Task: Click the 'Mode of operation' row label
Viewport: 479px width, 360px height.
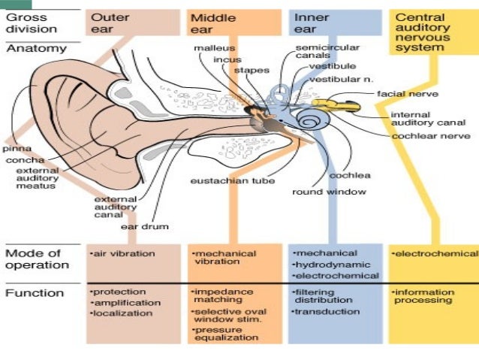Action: pos(37,259)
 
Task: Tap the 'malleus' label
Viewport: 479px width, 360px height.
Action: pos(209,48)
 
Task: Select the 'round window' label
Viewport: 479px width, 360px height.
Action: pos(329,192)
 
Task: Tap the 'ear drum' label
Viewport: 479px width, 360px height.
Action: pos(144,225)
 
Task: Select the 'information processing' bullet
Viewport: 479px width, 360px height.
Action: pos(424,296)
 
